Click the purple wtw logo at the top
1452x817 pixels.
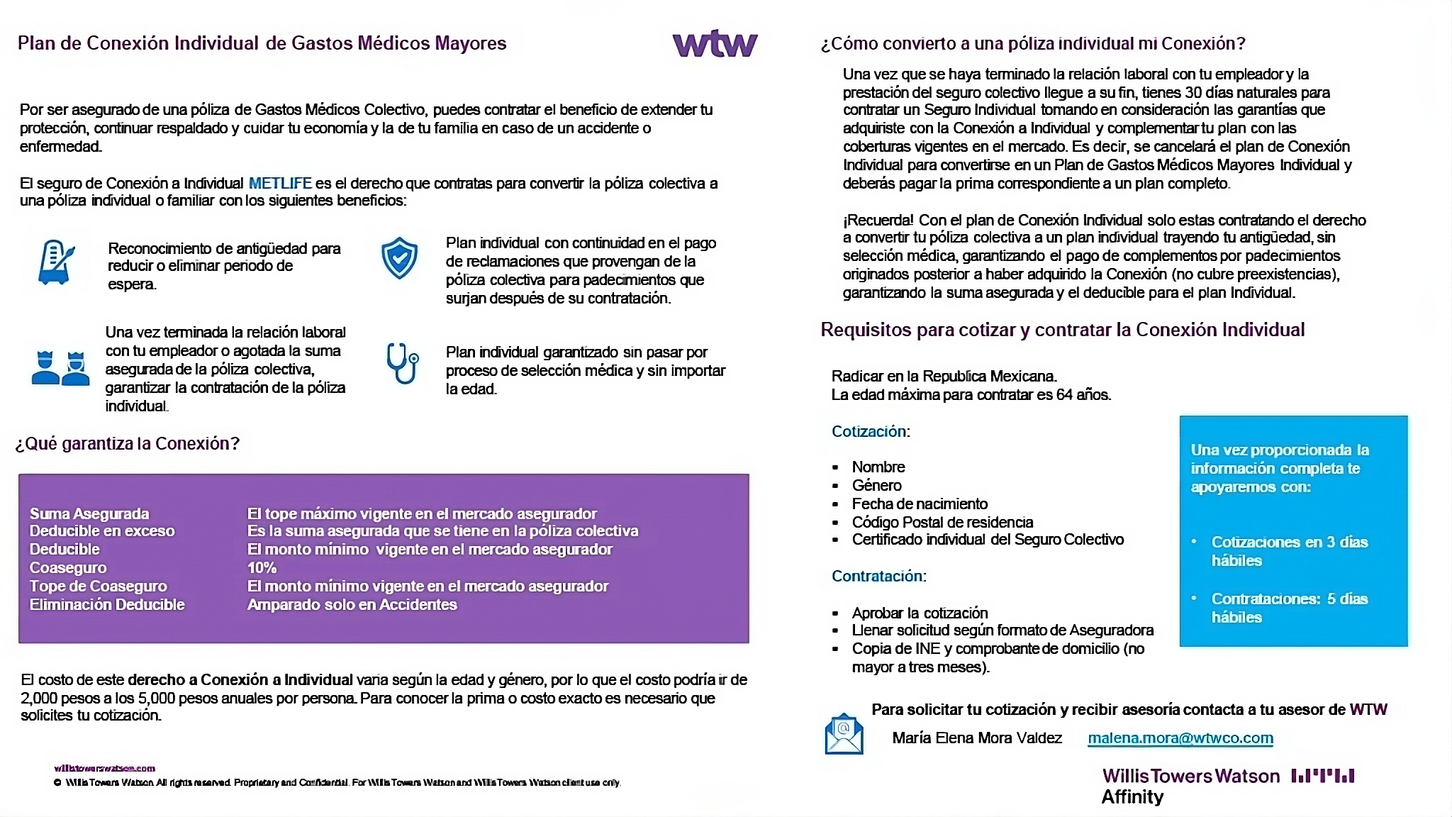click(x=715, y=43)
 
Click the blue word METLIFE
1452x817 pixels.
click(x=280, y=184)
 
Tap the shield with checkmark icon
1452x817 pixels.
click(x=399, y=257)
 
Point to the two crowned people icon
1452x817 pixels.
click(x=60, y=367)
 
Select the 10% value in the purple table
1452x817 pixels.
click(x=262, y=568)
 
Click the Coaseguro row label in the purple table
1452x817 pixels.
click(x=68, y=568)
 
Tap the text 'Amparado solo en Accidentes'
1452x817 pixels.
click(x=352, y=605)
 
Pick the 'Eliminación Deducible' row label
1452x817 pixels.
click(x=107, y=605)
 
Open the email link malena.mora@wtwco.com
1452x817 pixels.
click(x=1180, y=738)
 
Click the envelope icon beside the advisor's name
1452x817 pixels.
click(x=844, y=733)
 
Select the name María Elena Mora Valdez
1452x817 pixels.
click(x=977, y=738)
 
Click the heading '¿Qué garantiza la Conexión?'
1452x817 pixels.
click(x=128, y=444)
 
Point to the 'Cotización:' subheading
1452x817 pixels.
click(x=870, y=432)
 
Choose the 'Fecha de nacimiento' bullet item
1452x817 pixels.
click(x=920, y=504)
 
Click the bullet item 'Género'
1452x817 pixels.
click(x=876, y=486)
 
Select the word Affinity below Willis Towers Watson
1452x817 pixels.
click(x=1132, y=797)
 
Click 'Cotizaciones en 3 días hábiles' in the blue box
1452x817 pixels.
click(x=1289, y=551)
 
